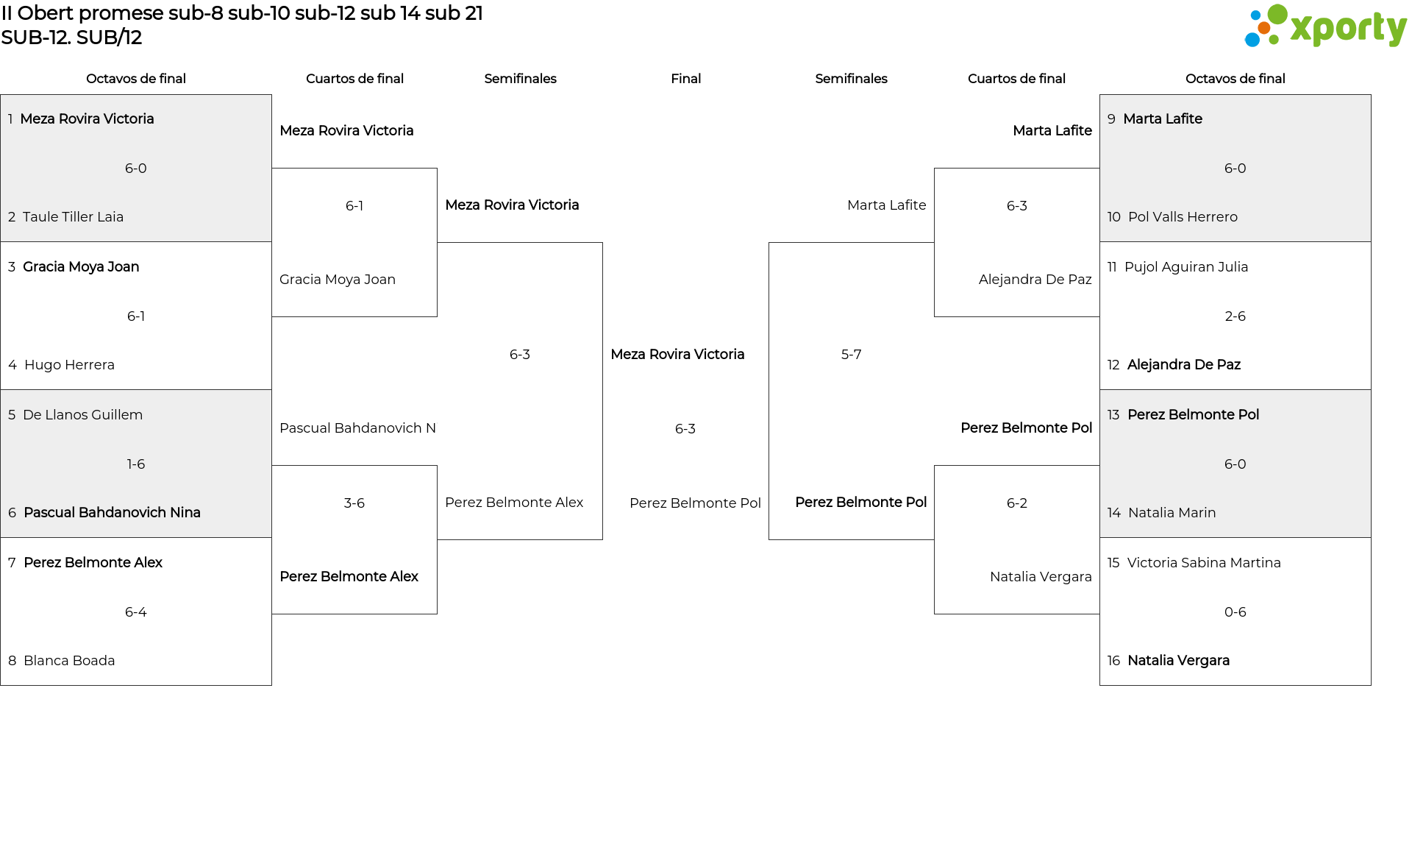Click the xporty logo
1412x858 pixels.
pyautogui.click(x=1325, y=26)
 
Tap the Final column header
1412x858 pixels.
pyautogui.click(x=685, y=79)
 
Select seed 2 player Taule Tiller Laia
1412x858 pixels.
pyautogui.click(x=73, y=217)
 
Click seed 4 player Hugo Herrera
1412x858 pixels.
pyautogui.click(x=69, y=365)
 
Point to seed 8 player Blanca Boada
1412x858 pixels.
pyautogui.click(x=69, y=661)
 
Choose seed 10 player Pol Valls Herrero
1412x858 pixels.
pyautogui.click(x=1183, y=217)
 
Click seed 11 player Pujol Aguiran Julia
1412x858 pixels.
pyautogui.click(x=1186, y=267)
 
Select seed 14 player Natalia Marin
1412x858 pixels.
pyautogui.click(x=1172, y=513)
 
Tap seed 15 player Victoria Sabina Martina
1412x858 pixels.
pyautogui.click(x=1204, y=563)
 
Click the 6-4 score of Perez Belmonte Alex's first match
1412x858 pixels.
pyautogui.click(x=136, y=612)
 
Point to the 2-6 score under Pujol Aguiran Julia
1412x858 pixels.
pyautogui.click(x=1235, y=316)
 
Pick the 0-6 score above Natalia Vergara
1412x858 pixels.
pyautogui.click(x=1235, y=612)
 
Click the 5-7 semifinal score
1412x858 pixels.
pyautogui.click(x=851, y=355)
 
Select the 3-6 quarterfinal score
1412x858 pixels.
pyautogui.click(x=354, y=503)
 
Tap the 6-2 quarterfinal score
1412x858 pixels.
pyautogui.click(x=1017, y=503)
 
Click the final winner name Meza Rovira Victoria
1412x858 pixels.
pyautogui.click(x=677, y=355)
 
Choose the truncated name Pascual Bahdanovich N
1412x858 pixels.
pyautogui.click(x=357, y=428)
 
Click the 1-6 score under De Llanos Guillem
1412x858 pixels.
pyautogui.click(x=136, y=464)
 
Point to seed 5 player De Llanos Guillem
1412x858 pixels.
pyautogui.click(x=82, y=415)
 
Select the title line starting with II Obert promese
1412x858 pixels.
pyautogui.click(x=242, y=13)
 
